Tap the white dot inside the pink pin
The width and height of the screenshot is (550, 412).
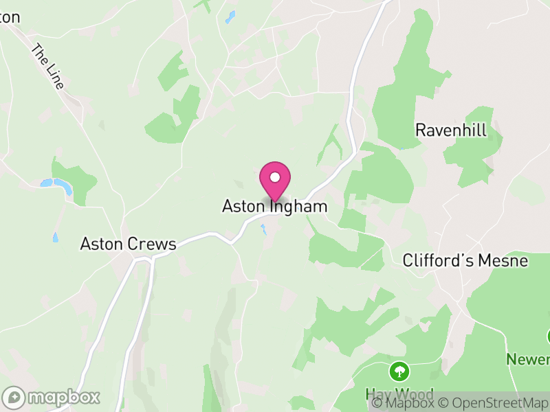pos(275,177)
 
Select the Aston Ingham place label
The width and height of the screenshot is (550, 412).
pos(274,206)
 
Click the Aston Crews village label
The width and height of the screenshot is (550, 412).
pos(129,244)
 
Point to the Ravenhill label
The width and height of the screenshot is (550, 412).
pos(451,130)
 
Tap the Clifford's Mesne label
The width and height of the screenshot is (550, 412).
pos(465,261)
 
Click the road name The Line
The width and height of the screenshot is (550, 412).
pos(48,67)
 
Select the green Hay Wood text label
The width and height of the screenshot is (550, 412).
pos(399,393)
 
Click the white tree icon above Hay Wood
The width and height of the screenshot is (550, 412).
pos(399,372)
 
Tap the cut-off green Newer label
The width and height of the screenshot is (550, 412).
pos(528,359)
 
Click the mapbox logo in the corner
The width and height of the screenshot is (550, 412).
pos(52,397)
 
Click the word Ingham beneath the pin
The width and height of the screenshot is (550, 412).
pos(298,206)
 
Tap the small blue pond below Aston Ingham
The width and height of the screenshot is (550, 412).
pos(263,229)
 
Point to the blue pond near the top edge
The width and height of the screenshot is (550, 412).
pos(230,16)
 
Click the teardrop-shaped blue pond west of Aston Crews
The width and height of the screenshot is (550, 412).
pos(54,237)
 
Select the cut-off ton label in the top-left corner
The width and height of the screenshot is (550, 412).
pos(10,17)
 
